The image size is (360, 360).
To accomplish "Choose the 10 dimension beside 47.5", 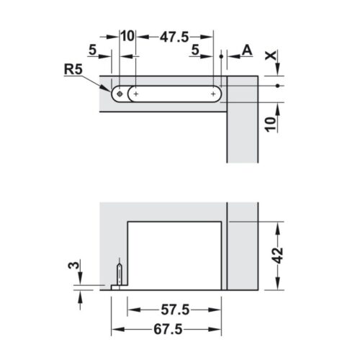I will [127, 35].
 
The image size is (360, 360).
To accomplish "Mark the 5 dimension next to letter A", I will [196, 50].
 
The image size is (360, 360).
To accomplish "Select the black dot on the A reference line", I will [220, 55].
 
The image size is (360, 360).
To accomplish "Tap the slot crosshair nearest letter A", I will [214, 94].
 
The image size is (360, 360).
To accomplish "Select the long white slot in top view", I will [174, 94].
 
